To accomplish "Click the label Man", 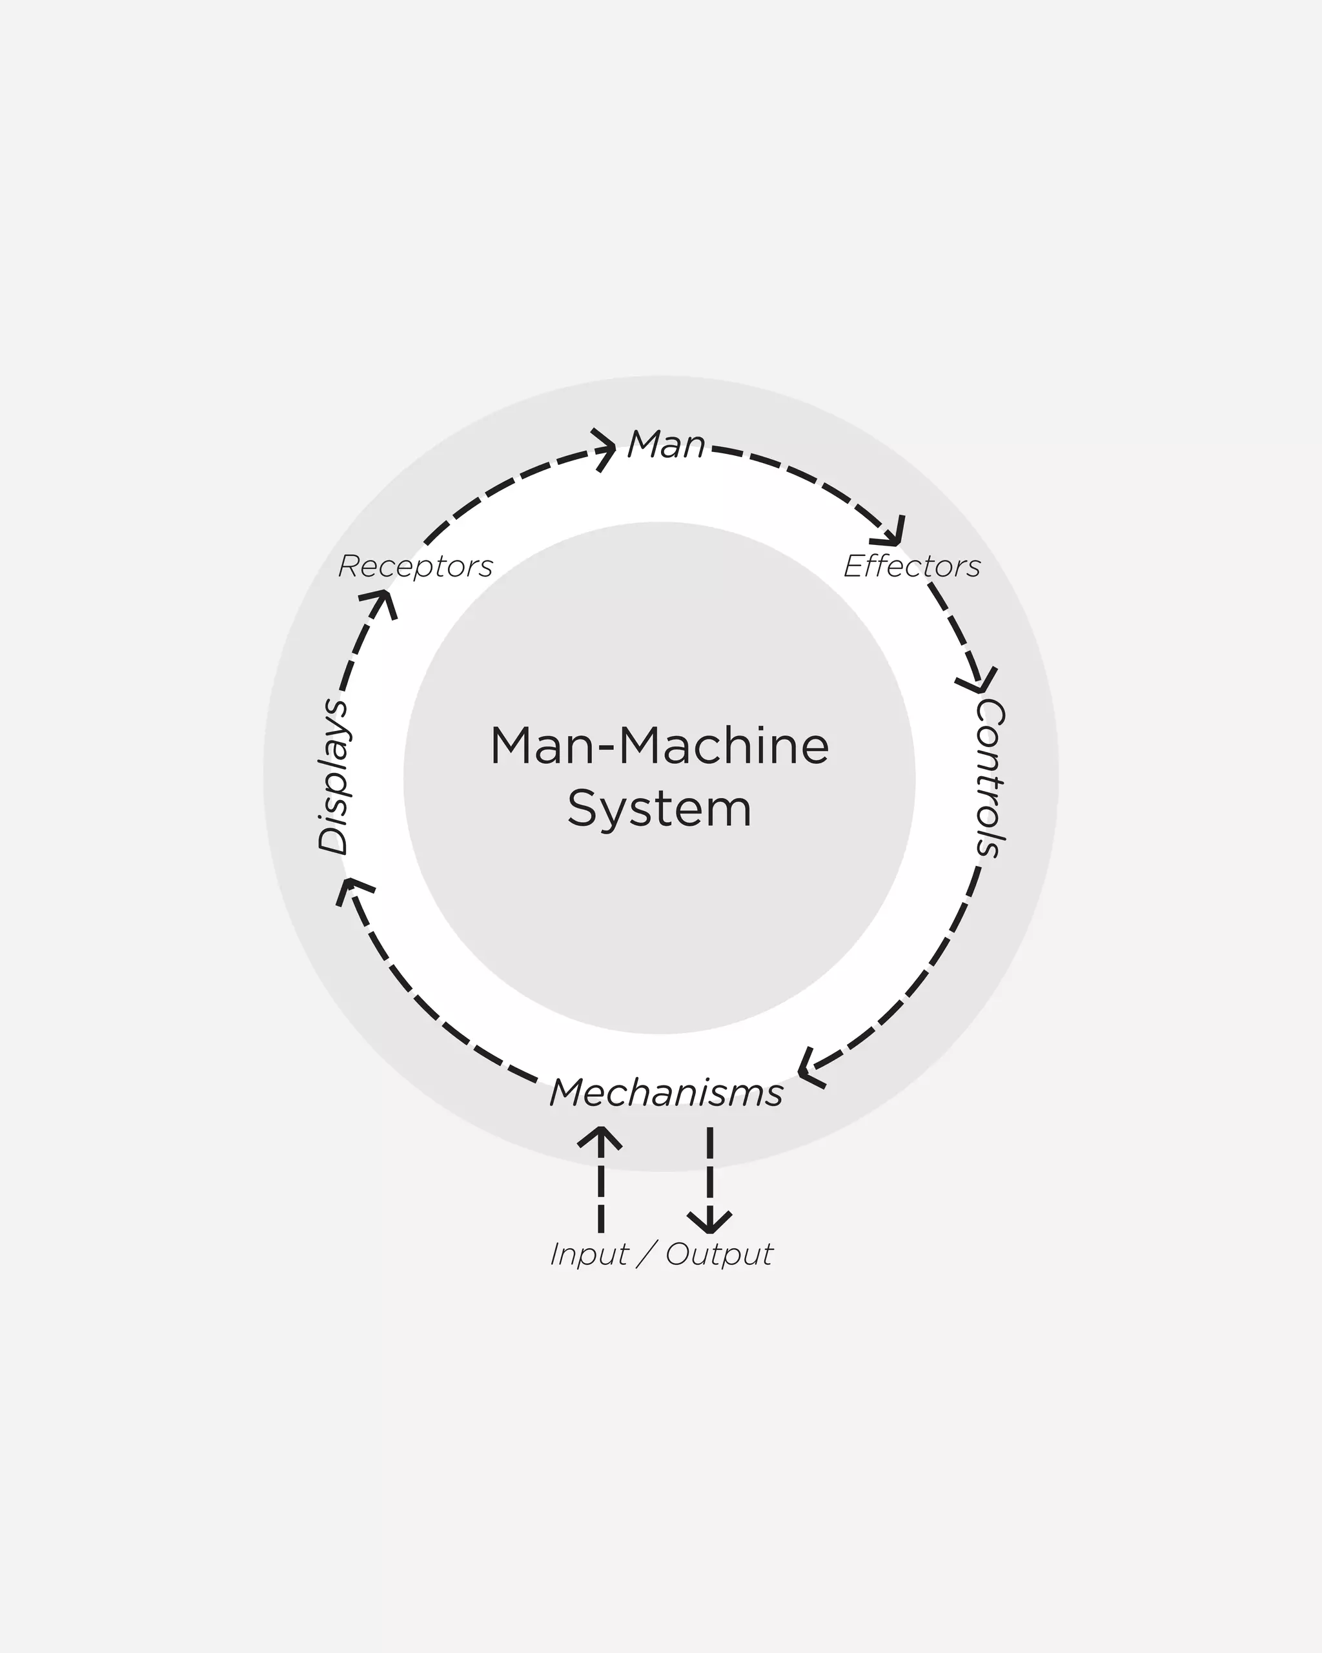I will point(666,445).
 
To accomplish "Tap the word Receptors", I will point(415,566).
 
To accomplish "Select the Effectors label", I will point(912,566).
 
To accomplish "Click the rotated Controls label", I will point(990,777).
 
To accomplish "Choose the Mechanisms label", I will point(666,1093).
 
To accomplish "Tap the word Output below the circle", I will point(719,1255).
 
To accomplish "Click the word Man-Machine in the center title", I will point(659,746).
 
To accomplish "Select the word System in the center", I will point(659,809).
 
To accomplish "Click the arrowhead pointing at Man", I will point(606,449).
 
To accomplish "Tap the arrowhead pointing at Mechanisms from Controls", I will point(809,1068).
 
